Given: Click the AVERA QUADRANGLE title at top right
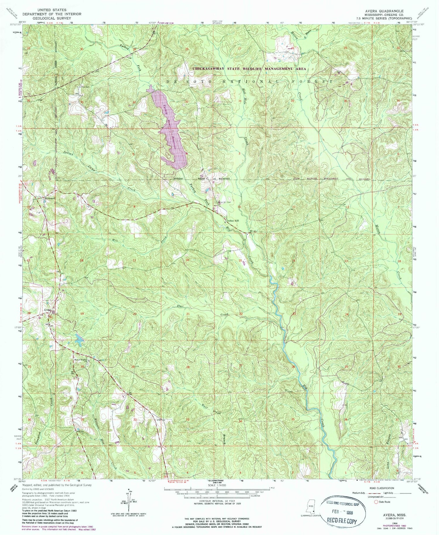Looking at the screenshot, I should (x=384, y=11).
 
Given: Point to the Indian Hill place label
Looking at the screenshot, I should (x=233, y=221).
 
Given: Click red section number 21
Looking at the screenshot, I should (x=188, y=314).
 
